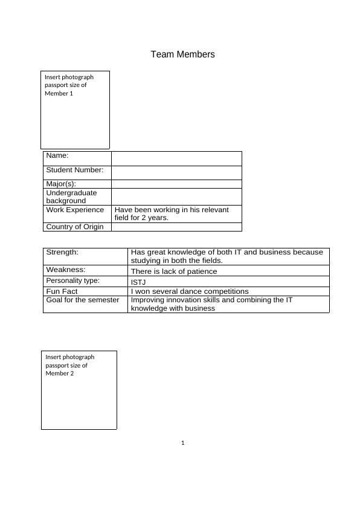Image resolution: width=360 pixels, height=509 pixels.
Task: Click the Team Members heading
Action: pyautogui.click(x=182, y=54)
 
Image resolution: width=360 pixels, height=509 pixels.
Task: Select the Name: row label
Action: pyautogui.click(x=57, y=156)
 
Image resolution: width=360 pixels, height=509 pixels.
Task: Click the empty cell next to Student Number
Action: pyautogui.click(x=176, y=172)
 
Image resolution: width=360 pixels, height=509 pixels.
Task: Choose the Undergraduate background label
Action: pyautogui.click(x=71, y=196)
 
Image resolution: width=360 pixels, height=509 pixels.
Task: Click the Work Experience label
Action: pyautogui.click(x=75, y=210)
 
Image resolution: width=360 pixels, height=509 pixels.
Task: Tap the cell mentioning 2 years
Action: pyautogui.click(x=172, y=214)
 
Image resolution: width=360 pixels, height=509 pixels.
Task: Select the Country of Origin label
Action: pyautogui.click(x=75, y=227)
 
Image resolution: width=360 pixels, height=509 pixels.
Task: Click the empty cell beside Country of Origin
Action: pyautogui.click(x=176, y=227)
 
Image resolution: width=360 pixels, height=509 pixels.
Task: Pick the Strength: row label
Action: pyautogui.click(x=62, y=252)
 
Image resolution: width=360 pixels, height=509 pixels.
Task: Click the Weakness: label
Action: pyautogui.click(x=66, y=270)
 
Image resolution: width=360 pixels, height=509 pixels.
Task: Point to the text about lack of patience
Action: pyautogui.click(x=174, y=271)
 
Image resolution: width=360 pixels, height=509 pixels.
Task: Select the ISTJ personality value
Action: pyautogui.click(x=138, y=282)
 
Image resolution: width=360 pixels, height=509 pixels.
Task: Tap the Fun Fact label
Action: pyautogui.click(x=62, y=291)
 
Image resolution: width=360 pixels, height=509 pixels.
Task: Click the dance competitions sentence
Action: pyautogui.click(x=190, y=291)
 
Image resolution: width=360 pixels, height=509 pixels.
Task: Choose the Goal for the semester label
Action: pyautogui.click(x=83, y=300)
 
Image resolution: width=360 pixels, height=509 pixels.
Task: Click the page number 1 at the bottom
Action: pyautogui.click(x=182, y=443)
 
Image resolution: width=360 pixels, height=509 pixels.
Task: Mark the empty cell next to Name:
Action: pyautogui.click(x=176, y=158)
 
